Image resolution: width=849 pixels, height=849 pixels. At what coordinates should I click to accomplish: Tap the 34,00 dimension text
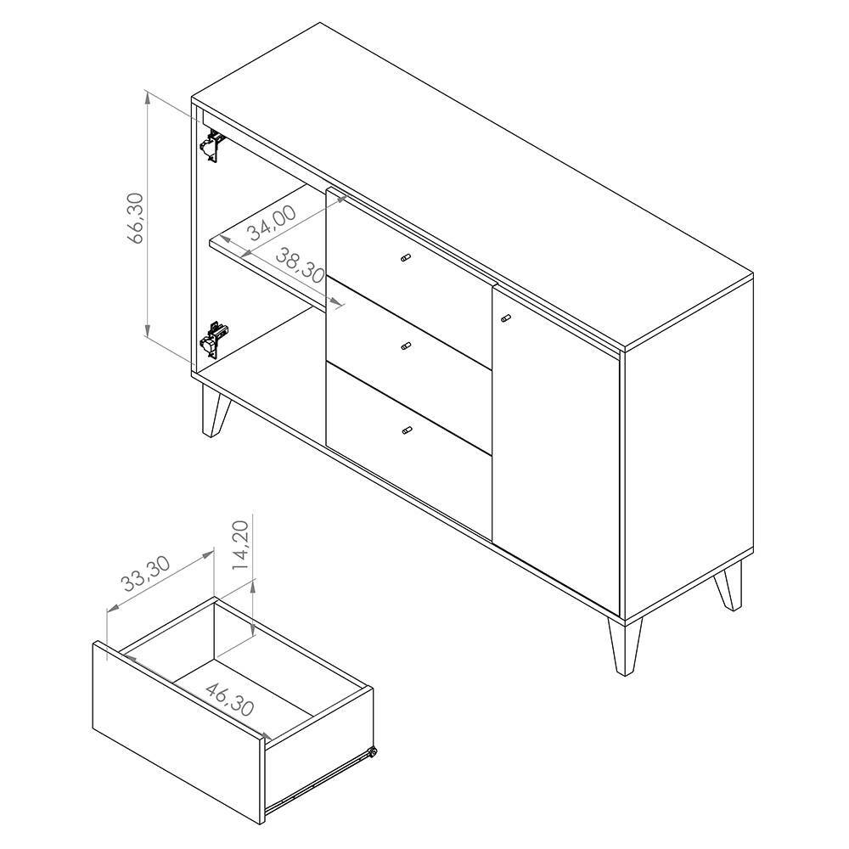[x=273, y=223]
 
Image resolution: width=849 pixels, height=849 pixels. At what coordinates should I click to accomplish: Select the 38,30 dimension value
[x=300, y=265]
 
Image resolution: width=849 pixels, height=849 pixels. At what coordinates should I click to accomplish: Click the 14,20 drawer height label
[x=240, y=545]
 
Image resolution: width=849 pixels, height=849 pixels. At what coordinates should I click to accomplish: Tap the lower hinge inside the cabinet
[x=215, y=339]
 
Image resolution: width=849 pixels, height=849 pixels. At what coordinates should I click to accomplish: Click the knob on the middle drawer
[x=406, y=346]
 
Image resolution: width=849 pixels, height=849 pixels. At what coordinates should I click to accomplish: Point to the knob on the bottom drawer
[x=406, y=431]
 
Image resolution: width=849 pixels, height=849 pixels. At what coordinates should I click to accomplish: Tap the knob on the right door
[x=506, y=318]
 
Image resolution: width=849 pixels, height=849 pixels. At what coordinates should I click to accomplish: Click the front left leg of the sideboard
[x=215, y=408]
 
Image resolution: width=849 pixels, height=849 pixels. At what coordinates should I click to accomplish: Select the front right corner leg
[x=625, y=646]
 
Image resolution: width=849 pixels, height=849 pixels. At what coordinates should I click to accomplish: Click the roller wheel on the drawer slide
[x=372, y=752]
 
